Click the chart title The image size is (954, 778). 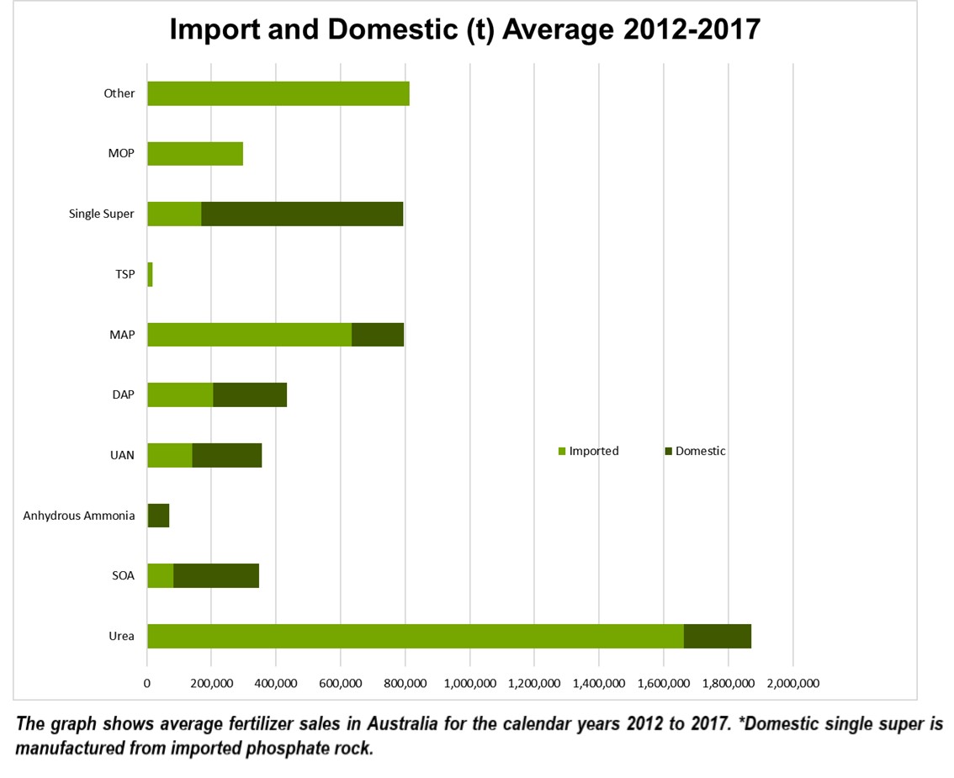464,29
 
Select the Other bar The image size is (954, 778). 278,93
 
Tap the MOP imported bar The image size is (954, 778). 195,154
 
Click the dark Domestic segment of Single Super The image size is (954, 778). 302,214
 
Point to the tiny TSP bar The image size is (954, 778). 150,274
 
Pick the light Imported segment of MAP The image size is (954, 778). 249,335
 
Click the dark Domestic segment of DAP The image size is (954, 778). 250,394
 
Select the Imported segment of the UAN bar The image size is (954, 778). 169,455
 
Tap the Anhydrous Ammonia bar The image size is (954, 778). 158,516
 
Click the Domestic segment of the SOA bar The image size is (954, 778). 216,575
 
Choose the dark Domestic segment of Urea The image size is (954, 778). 717,636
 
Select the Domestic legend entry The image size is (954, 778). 700,451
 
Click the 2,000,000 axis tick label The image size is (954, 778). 792,683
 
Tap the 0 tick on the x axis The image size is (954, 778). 147,683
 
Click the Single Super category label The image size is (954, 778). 101,214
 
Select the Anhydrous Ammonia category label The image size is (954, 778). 79,516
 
